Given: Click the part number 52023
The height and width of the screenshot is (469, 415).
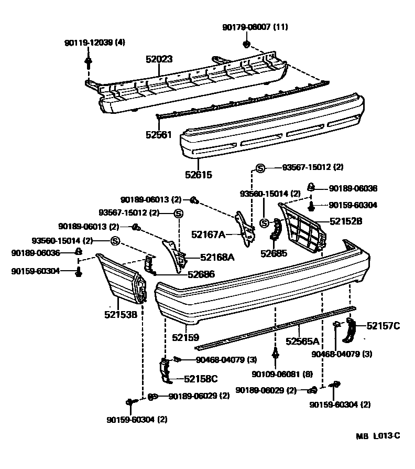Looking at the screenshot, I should coord(159,60).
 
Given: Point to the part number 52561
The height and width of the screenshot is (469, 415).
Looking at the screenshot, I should coord(159,135).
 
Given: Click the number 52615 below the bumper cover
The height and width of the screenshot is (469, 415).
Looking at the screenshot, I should coord(199,175).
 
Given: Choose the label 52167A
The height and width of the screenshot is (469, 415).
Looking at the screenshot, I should coord(207,235).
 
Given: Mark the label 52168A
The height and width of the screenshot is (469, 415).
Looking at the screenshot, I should coord(217,257).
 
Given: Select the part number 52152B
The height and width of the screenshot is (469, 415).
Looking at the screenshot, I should coord(346,221).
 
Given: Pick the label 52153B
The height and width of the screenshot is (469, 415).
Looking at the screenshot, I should coord(120,315).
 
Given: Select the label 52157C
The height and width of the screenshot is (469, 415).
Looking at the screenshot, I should coord(383,326).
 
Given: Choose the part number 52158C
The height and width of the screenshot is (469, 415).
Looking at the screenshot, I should coord(200,378).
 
